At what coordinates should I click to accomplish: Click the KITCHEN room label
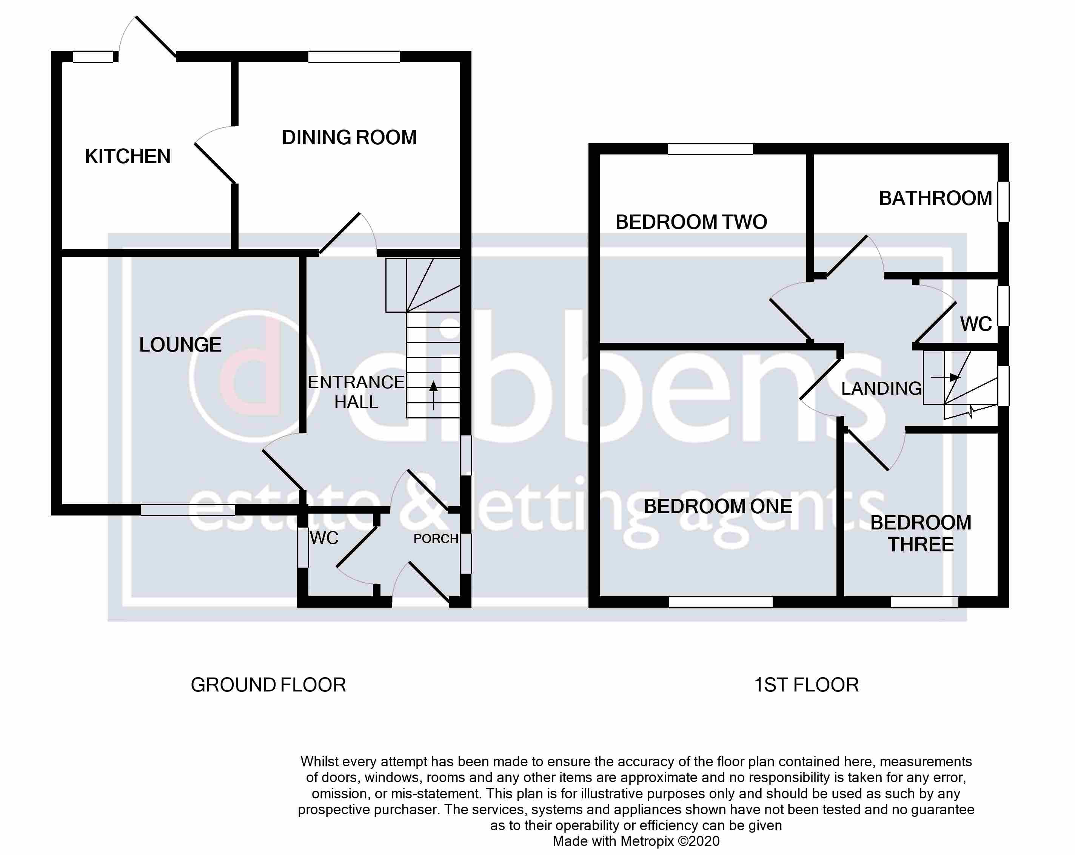click(x=128, y=157)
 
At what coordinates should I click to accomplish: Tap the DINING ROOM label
click(x=349, y=138)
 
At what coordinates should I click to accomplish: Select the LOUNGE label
click(x=180, y=345)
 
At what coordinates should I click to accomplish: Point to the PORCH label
click(x=435, y=539)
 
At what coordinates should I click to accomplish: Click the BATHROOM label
click(x=935, y=199)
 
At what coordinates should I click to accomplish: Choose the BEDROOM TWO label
click(x=691, y=222)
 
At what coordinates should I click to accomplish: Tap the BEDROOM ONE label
click(x=718, y=506)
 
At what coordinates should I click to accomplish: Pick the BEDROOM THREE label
click(x=921, y=533)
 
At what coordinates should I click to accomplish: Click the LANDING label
click(x=881, y=389)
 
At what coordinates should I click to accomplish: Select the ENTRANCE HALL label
click(x=356, y=392)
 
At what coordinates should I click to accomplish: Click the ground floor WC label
click(x=324, y=538)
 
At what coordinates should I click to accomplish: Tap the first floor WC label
click(x=975, y=324)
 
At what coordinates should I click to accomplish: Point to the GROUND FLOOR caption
click(x=268, y=685)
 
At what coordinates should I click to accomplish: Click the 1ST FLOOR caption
click(x=806, y=685)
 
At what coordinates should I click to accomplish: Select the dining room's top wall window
click(x=354, y=57)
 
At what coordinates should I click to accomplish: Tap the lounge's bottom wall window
click(x=188, y=510)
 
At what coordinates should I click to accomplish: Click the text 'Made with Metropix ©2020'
click(x=636, y=841)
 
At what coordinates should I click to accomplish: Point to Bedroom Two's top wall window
click(x=710, y=149)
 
